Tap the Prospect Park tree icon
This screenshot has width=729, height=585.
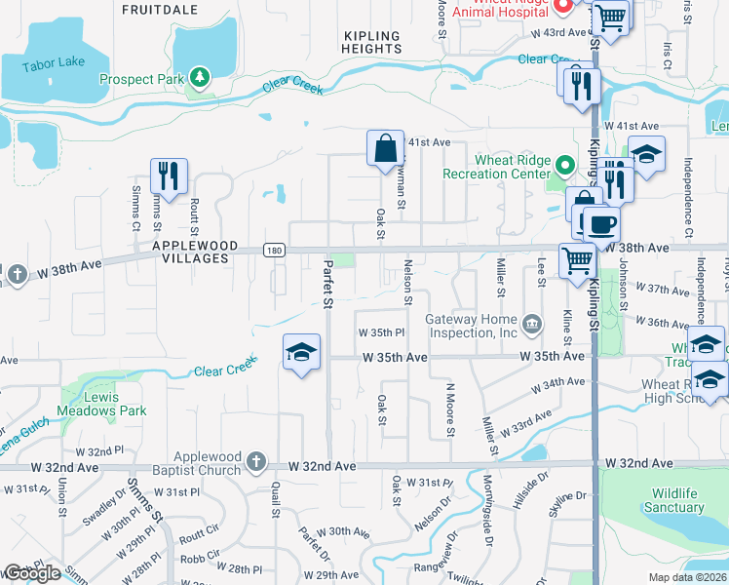pyautogui.click(x=200, y=77)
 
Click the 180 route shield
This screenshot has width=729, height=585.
pyautogui.click(x=274, y=252)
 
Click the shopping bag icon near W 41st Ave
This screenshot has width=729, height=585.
pyautogui.click(x=385, y=148)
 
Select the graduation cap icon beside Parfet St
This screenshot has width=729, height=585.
pyautogui.click(x=302, y=351)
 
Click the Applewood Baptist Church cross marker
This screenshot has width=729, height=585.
pyautogui.click(x=254, y=461)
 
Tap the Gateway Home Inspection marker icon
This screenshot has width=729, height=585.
pyautogui.click(x=531, y=324)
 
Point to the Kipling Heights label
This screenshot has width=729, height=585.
pyautogui.click(x=372, y=42)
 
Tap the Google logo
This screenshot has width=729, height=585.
pyautogui.click(x=32, y=573)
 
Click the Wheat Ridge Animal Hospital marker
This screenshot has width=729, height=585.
pyautogui.click(x=562, y=6)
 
